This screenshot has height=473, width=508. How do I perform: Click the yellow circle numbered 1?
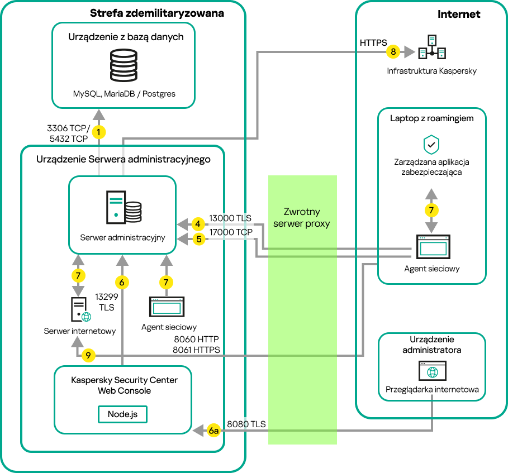tap(99, 132)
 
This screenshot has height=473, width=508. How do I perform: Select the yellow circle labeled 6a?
tap(213, 431)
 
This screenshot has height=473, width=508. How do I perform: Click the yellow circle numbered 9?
tap(88, 355)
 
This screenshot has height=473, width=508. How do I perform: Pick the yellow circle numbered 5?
tap(197, 239)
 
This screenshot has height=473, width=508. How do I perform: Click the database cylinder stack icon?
tap(124, 66)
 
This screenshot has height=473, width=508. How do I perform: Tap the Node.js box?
tap(123, 414)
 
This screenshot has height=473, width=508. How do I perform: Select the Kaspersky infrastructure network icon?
tap(432, 49)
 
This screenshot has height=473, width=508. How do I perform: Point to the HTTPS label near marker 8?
tap(373, 42)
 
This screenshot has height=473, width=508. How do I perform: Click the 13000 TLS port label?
tap(230, 218)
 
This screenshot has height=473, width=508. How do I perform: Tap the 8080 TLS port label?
tap(246, 424)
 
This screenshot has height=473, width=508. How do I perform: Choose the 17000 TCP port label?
tap(231, 232)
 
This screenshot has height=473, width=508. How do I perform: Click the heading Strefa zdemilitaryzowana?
tap(156, 13)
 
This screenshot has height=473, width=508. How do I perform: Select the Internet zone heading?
tap(459, 15)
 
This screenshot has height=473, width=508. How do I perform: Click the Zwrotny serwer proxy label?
tap(302, 218)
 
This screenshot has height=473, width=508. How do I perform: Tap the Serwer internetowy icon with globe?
tap(80, 309)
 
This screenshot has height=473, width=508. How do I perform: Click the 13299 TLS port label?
tap(107, 302)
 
